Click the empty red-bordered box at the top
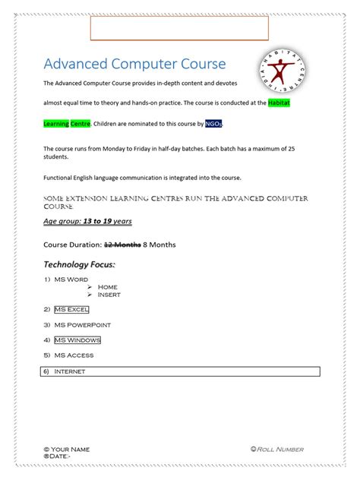(179, 27)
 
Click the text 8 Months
(159, 244)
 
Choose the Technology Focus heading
(80, 264)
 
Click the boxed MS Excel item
(71, 310)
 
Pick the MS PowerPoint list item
(82, 324)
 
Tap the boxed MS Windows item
(77, 339)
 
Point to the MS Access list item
(74, 355)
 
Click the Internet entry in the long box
(70, 371)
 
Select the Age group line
(87, 222)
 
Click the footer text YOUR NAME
(71, 449)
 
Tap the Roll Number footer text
(281, 449)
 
